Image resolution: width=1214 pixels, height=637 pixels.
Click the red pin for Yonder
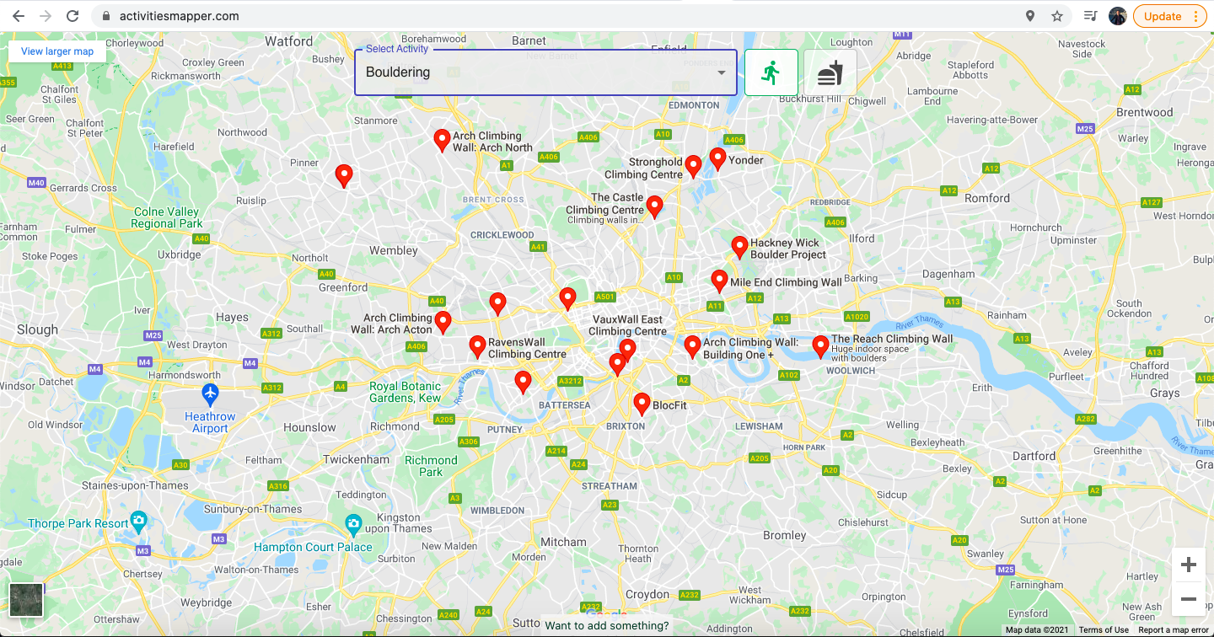pyautogui.click(x=717, y=158)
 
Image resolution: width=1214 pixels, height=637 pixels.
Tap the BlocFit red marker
pyautogui.click(x=642, y=403)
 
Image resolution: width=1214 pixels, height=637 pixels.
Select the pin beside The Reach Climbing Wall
pyautogui.click(x=820, y=345)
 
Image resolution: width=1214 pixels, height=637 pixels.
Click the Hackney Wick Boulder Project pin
pyautogui.click(x=739, y=246)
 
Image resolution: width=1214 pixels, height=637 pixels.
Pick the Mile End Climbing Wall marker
pyautogui.click(x=719, y=280)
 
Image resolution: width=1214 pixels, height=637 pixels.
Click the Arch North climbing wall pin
pyautogui.click(x=442, y=139)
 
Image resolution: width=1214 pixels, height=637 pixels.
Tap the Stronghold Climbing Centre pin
pyautogui.click(x=693, y=165)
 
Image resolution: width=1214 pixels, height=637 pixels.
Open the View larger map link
pyautogui.click(x=57, y=51)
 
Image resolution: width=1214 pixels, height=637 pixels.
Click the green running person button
pyautogui.click(x=771, y=72)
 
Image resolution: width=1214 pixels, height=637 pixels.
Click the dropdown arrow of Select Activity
pyautogui.click(x=722, y=72)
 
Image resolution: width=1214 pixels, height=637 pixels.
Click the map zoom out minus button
pyautogui.click(x=1189, y=599)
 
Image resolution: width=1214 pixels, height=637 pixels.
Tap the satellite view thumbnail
pyautogui.click(x=26, y=600)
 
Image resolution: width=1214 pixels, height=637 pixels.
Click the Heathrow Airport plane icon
pyautogui.click(x=210, y=393)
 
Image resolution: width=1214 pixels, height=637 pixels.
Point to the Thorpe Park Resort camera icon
pyautogui.click(x=139, y=520)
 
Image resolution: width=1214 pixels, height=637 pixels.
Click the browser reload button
pyautogui.click(x=73, y=16)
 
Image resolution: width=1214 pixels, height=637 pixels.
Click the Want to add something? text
pyautogui.click(x=607, y=625)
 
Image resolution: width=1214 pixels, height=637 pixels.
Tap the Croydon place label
pyautogui.click(x=647, y=594)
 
